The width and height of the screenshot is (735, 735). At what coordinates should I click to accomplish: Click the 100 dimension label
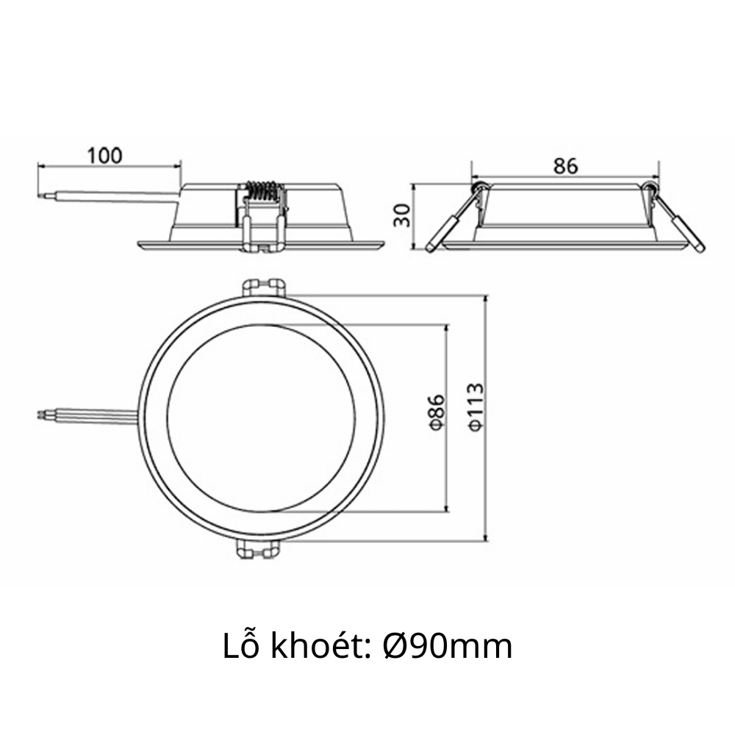tap(104, 155)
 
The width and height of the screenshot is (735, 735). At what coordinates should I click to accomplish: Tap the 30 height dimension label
tap(401, 215)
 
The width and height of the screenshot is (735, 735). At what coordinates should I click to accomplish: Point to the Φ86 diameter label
tap(437, 412)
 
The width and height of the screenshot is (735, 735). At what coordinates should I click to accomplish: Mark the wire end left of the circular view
tap(41, 415)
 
